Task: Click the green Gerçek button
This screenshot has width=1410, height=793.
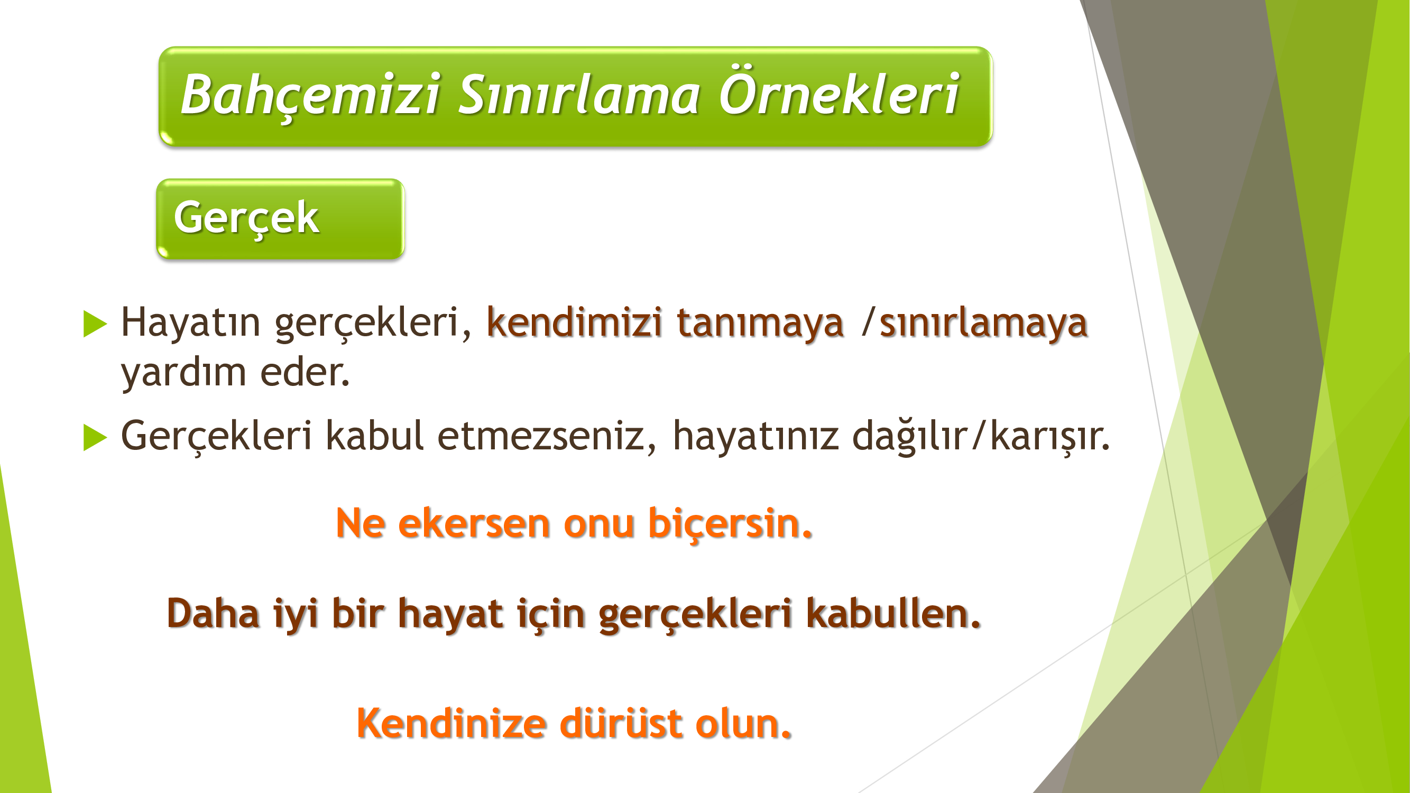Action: (x=280, y=219)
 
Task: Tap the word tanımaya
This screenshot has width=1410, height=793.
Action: (x=760, y=324)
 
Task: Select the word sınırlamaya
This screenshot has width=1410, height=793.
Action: (x=983, y=324)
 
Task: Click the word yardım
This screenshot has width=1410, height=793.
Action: (x=184, y=374)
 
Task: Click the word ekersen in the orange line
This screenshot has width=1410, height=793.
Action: (x=474, y=523)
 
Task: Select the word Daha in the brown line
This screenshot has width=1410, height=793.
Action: (x=213, y=613)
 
